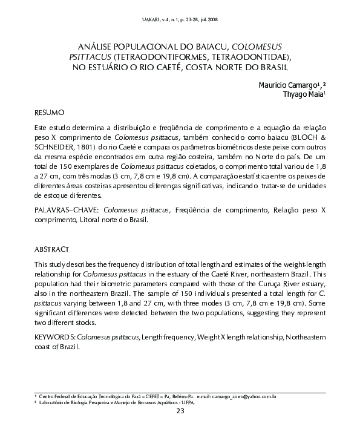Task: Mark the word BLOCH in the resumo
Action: click(x=304, y=138)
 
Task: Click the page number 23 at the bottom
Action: click(x=180, y=412)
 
